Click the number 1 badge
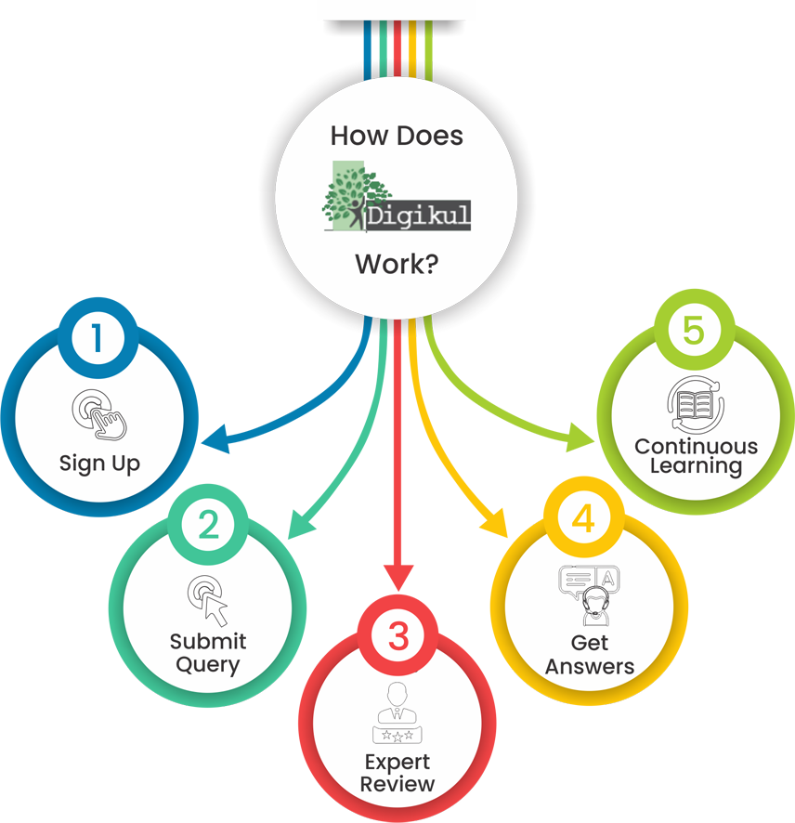(x=98, y=339)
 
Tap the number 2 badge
(x=209, y=526)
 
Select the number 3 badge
(x=398, y=637)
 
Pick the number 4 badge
(x=583, y=518)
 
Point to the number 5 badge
(x=694, y=332)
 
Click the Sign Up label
(x=99, y=463)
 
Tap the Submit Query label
(x=208, y=653)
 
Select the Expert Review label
(x=397, y=773)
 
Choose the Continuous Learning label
(x=696, y=456)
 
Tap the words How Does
(x=397, y=136)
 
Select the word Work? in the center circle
(x=397, y=264)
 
